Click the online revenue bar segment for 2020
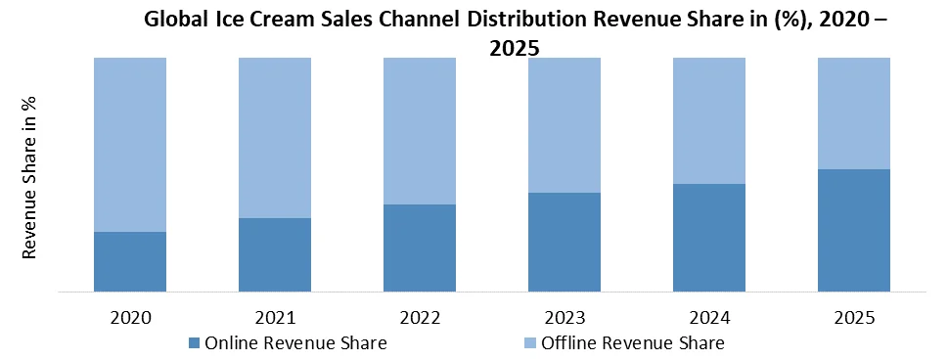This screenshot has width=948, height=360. (130, 261)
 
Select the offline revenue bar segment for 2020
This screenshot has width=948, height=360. (130, 144)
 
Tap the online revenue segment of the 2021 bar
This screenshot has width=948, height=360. (275, 254)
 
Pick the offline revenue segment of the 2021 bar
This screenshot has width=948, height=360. (275, 137)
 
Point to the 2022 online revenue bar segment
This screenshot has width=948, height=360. (420, 247)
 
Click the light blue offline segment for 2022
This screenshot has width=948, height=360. (420, 130)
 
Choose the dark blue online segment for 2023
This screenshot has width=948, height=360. (564, 242)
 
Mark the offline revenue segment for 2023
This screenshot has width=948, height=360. (564, 124)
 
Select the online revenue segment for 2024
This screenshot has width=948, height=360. (709, 237)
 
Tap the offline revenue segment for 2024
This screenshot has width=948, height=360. (709, 119)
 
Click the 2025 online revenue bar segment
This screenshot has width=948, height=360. (854, 230)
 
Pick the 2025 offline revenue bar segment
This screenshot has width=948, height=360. (854, 112)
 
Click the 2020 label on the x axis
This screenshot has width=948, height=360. (130, 318)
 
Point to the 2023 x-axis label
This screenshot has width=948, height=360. (564, 318)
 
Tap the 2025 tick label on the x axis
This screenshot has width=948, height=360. (854, 318)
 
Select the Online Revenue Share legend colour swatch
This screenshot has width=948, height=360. (193, 342)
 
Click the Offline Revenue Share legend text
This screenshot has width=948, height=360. (633, 342)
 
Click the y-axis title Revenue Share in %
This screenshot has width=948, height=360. (30, 177)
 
